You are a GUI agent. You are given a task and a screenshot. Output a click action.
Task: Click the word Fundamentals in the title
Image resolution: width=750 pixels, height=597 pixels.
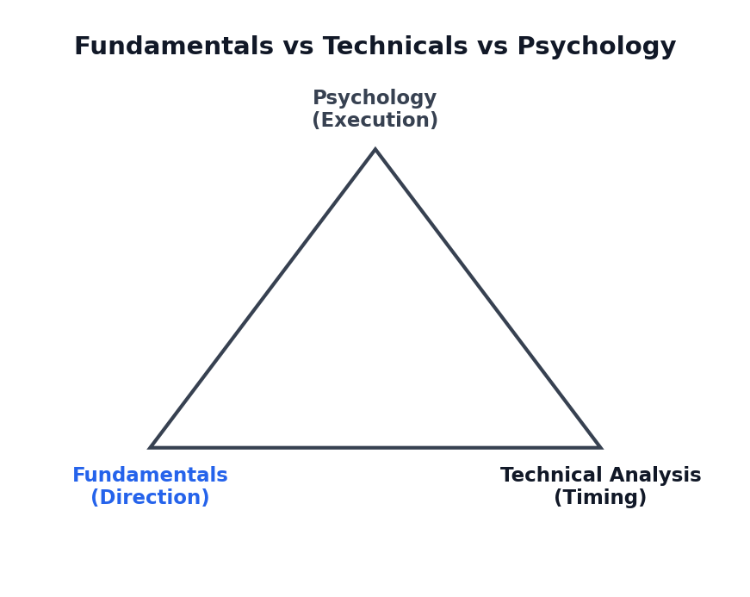tap(174, 47)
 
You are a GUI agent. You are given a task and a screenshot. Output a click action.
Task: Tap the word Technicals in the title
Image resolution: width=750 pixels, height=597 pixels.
tap(395, 47)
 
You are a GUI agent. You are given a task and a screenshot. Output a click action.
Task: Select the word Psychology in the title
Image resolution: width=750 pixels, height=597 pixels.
tap(597, 47)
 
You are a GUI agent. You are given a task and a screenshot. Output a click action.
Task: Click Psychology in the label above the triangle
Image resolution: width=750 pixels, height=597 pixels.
tap(375, 98)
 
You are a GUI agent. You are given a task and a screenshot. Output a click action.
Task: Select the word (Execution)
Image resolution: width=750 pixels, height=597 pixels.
tap(375, 120)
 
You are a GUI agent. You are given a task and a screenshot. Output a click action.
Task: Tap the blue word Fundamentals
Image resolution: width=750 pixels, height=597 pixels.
tap(150, 475)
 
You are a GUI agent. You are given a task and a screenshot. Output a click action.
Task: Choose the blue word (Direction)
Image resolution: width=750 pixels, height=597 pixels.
tap(150, 497)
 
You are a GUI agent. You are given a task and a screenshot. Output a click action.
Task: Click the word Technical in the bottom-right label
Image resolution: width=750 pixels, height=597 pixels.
tap(551, 475)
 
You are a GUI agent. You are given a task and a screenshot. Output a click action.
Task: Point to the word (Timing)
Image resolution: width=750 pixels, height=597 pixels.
tap(600, 498)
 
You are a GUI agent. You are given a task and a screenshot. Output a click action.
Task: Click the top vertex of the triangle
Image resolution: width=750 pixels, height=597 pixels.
tap(375, 149)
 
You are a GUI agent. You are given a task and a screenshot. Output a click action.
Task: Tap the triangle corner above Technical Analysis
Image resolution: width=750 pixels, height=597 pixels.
tap(600, 447)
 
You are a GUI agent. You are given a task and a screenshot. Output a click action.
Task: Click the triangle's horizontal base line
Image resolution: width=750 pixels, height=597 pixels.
tap(375, 448)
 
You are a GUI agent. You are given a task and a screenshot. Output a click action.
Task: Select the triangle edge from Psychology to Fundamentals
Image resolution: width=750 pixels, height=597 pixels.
tap(263, 298)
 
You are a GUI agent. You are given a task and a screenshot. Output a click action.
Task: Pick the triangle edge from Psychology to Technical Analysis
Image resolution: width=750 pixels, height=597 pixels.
tap(488, 298)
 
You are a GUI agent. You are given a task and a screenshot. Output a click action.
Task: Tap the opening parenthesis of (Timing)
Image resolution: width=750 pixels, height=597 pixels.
tap(558, 498)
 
